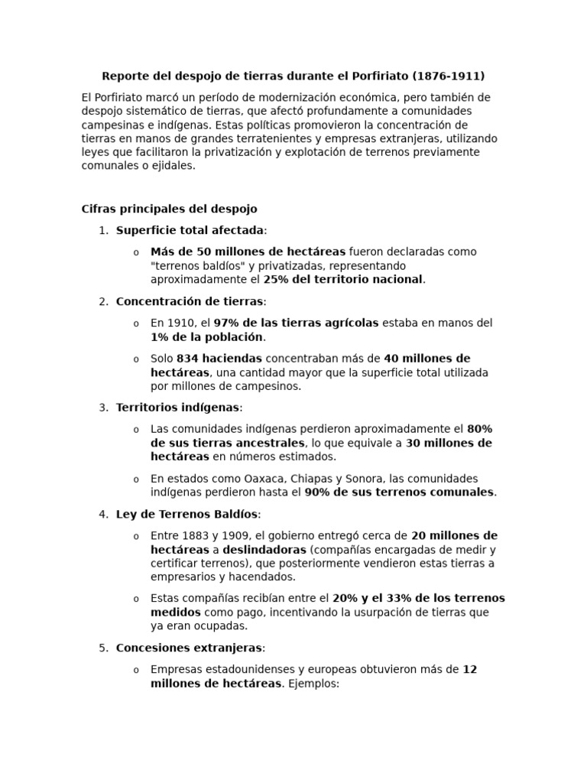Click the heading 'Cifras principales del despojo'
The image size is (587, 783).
pyautogui.click(x=169, y=209)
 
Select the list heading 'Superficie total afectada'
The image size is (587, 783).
pyautogui.click(x=190, y=230)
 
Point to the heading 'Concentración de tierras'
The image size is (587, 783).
pyautogui.click(x=189, y=301)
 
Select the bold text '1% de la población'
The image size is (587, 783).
pyautogui.click(x=207, y=337)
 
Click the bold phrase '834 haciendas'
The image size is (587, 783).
pyautogui.click(x=219, y=359)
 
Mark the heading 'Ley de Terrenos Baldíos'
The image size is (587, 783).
pyautogui.click(x=187, y=514)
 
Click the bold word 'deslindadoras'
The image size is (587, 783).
pyautogui.click(x=264, y=550)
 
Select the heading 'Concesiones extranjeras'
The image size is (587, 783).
pyautogui.click(x=189, y=648)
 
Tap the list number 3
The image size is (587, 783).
pyautogui.click(x=102, y=408)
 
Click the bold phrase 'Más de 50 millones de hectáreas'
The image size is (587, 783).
pyautogui.click(x=248, y=252)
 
